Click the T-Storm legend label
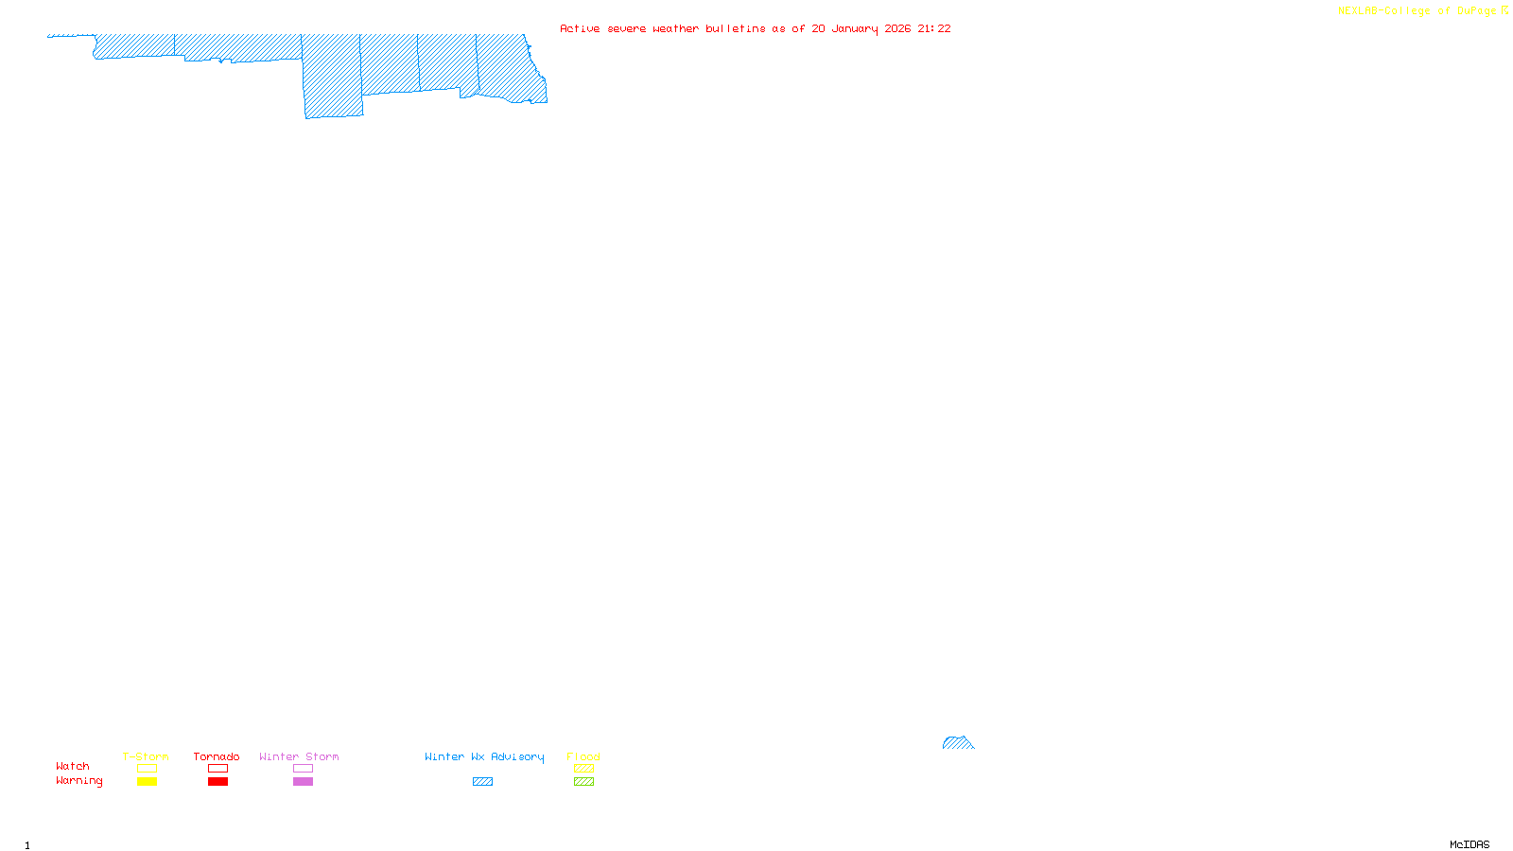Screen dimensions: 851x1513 click(146, 756)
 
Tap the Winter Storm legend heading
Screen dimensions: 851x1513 click(299, 756)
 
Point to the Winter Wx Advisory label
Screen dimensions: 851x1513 click(484, 756)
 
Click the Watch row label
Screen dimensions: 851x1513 click(73, 766)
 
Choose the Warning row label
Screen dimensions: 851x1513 click(78, 781)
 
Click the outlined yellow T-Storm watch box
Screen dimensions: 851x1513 click(147, 769)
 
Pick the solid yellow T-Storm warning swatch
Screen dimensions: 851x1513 click(147, 782)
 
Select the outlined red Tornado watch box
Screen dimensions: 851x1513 click(217, 769)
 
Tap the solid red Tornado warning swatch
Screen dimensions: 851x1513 click(217, 782)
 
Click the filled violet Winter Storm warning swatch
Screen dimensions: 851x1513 click(303, 782)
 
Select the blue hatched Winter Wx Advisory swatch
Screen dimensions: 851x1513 click(482, 782)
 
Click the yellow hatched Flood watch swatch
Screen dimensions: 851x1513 click(583, 769)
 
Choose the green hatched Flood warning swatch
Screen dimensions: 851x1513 click(583, 782)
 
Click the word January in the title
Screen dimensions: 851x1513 click(855, 28)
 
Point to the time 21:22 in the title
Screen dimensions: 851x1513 click(933, 28)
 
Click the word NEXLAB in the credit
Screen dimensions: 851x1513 click(1358, 10)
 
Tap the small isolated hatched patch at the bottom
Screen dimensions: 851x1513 click(957, 743)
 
